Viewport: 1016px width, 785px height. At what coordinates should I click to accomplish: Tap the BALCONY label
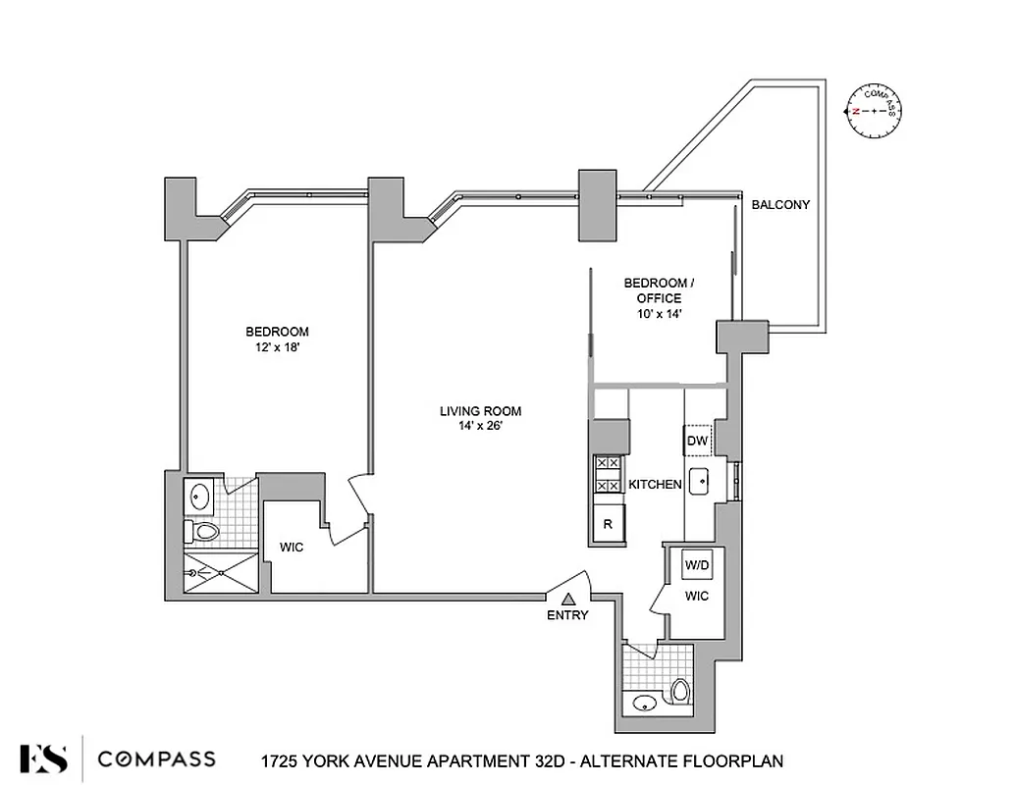[780, 205]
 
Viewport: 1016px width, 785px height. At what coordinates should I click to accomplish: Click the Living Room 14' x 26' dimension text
[480, 426]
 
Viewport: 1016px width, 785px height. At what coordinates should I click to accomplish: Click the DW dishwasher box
[697, 442]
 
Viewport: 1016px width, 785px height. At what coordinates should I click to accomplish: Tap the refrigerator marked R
[608, 524]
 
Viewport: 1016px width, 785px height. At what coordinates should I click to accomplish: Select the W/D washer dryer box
[697, 565]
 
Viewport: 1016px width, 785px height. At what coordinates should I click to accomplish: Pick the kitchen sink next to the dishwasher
[700, 482]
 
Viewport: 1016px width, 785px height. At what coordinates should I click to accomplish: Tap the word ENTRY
[567, 615]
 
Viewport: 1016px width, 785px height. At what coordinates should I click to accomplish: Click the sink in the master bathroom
[199, 497]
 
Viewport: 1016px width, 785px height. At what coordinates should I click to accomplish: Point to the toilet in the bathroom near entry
[680, 692]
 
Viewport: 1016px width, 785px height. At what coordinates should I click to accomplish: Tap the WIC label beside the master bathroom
[292, 548]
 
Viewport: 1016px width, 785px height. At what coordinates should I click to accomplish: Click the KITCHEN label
[655, 485]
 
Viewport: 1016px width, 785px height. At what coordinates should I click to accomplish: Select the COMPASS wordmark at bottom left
[157, 759]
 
